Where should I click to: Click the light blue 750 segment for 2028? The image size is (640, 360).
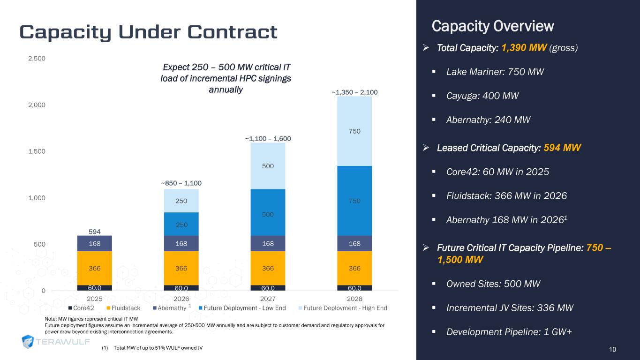354,131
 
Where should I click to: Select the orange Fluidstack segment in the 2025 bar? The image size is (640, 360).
95,268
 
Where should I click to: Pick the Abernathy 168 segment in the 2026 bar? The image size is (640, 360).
181,243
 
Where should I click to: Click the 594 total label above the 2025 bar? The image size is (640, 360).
95,231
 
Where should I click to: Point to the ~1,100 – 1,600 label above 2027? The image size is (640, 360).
268,139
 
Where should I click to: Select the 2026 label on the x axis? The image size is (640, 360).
181,299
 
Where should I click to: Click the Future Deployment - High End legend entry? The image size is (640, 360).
342,308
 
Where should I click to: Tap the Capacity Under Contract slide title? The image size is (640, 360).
148,31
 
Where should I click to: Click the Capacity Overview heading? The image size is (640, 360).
493,26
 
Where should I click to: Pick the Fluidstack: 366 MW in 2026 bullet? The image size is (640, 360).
506,195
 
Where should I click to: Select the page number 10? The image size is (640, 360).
612,349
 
